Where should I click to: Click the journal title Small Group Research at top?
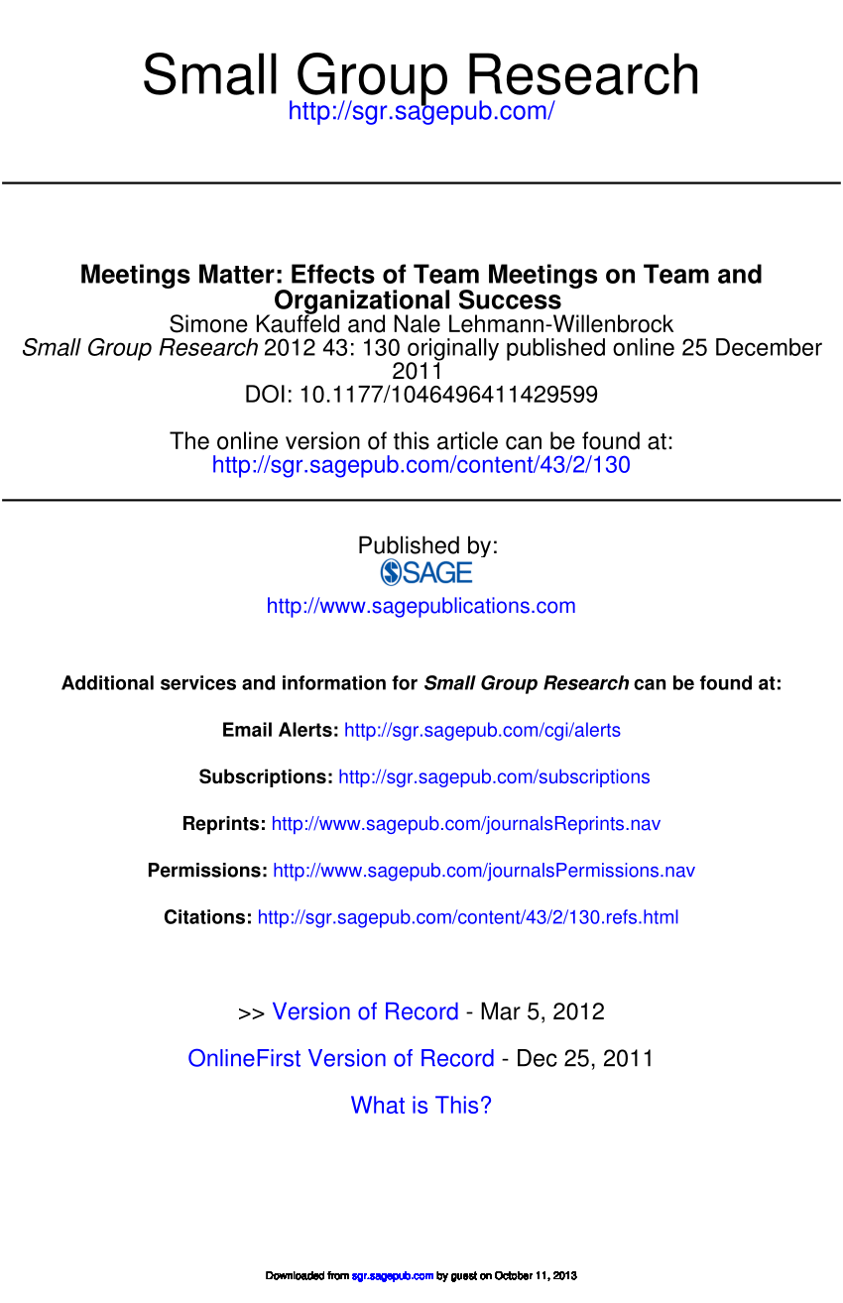point(421,75)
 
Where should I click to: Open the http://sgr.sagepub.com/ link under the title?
point(421,111)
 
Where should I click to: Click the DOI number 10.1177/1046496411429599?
point(448,395)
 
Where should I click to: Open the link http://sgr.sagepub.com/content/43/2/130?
point(421,464)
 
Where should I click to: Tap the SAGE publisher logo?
point(426,572)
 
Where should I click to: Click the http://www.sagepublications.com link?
point(421,606)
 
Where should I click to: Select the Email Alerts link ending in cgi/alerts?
point(482,731)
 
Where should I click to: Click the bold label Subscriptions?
point(266,777)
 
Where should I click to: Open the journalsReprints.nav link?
point(465,824)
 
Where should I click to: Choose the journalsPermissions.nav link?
point(484,871)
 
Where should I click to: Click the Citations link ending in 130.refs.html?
point(468,917)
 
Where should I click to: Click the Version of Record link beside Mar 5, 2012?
point(365,1012)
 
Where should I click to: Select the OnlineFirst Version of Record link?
point(340,1059)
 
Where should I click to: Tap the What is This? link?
point(421,1106)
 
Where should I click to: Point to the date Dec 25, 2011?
point(584,1059)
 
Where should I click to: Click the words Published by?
point(427,545)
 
